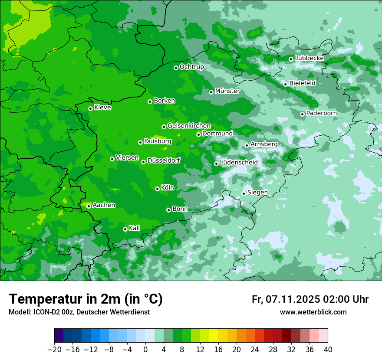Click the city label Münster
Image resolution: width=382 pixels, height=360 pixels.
(x=227, y=91)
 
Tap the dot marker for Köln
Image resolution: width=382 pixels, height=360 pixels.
(x=157, y=189)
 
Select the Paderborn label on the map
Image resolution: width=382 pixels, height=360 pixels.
(x=321, y=113)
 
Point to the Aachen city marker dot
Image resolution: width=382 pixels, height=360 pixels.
(x=89, y=206)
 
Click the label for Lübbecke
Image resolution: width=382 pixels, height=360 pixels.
(x=309, y=58)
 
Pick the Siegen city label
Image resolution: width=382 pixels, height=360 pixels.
(x=257, y=193)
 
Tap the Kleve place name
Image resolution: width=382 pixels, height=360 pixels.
(x=102, y=108)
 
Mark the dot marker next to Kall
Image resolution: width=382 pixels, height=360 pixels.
(x=125, y=229)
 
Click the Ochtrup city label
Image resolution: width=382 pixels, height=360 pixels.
(x=191, y=67)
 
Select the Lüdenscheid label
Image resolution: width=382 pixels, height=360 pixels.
(x=239, y=163)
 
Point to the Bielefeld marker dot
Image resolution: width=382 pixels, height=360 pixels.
(x=285, y=84)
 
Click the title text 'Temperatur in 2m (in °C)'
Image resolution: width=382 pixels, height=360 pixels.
(x=86, y=299)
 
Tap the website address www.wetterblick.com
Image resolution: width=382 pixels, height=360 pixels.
(x=313, y=312)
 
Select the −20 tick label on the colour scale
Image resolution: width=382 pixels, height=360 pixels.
(x=54, y=350)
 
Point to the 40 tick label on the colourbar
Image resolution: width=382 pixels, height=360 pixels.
(x=328, y=350)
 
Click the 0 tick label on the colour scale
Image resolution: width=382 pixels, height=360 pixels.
(x=145, y=350)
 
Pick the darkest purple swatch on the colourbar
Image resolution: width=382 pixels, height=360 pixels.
(x=59, y=336)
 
